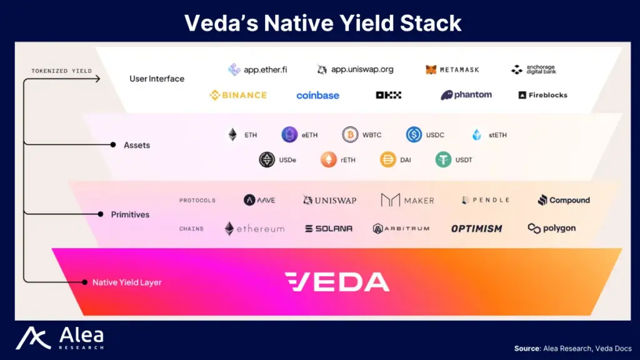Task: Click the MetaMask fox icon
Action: (431, 70)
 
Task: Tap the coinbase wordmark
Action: (317, 96)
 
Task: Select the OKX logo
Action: (389, 95)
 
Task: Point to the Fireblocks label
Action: (543, 95)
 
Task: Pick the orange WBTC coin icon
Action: (350, 135)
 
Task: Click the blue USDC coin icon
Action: (414, 135)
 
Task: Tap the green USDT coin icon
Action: (443, 159)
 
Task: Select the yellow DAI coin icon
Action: (387, 159)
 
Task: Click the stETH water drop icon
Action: (477, 135)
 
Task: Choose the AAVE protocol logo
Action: (259, 200)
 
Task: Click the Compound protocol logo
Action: (564, 200)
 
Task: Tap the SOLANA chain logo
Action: (329, 229)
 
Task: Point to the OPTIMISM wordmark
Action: (476, 229)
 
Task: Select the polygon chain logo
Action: (551, 228)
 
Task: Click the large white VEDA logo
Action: (337, 282)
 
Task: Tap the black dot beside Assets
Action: (113, 144)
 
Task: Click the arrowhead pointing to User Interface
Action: (98, 79)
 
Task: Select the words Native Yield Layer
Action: (127, 282)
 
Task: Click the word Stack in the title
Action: (431, 23)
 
